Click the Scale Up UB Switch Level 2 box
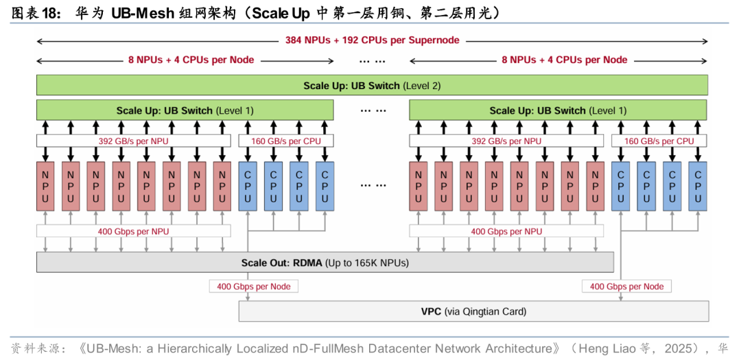point(371,86)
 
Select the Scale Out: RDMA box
point(325,263)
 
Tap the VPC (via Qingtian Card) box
point(473,311)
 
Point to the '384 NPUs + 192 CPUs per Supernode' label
point(372,40)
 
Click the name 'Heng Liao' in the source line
point(608,348)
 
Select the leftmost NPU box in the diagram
point(45,187)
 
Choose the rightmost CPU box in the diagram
point(697,187)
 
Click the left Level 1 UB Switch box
point(185,110)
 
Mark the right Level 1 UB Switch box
point(558,110)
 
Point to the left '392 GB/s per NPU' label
point(133,141)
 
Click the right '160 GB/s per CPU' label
point(659,141)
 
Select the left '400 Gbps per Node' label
point(254,287)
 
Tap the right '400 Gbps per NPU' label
point(506,232)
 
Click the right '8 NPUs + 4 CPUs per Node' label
point(564,60)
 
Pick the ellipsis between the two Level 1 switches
point(371,110)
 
